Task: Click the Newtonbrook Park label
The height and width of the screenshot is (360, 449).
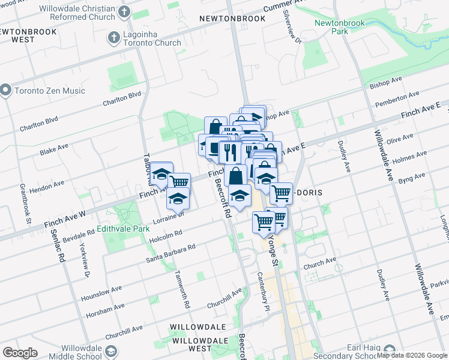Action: (331, 27)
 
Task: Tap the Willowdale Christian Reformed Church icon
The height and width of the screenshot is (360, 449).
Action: (124, 12)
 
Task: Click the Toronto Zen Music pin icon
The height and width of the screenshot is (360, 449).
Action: (7, 91)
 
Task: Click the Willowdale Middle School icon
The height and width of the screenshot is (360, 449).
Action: (111, 351)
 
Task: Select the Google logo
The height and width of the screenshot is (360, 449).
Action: (20, 353)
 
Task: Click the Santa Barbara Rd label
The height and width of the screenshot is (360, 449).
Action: (171, 253)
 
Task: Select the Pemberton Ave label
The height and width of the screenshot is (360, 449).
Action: (397, 99)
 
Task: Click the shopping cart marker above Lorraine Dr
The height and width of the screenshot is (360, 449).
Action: (179, 181)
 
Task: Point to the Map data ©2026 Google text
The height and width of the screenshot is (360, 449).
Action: (412, 355)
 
